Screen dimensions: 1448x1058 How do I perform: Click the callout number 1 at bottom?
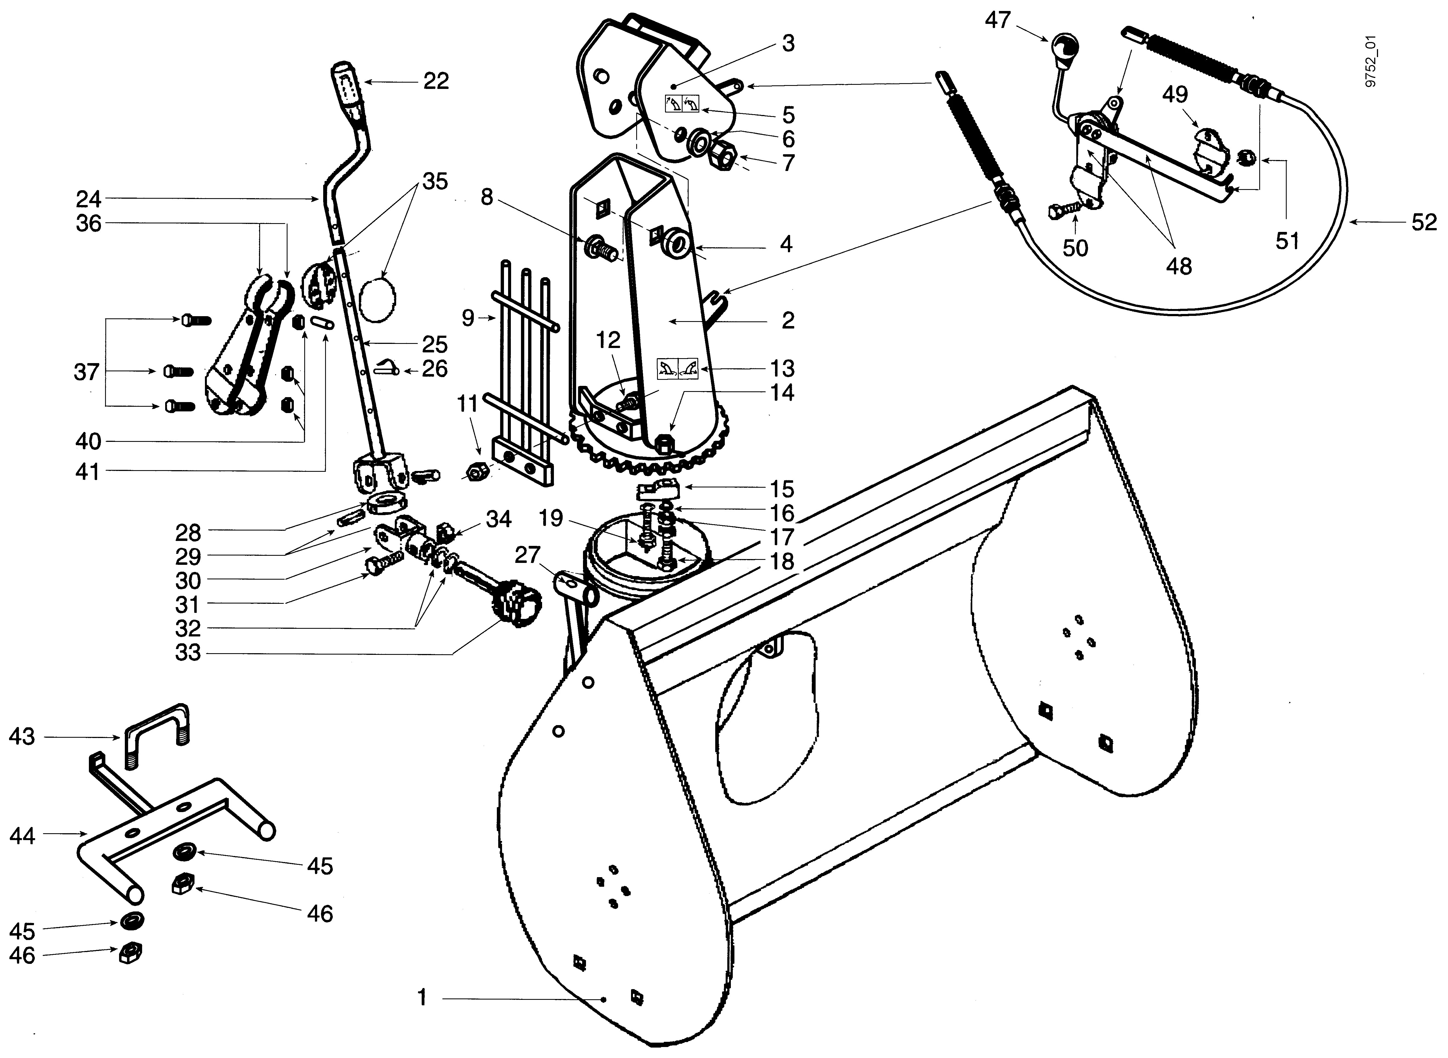422,998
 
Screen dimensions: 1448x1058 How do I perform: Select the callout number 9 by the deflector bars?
468,317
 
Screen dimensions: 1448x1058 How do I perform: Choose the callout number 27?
528,555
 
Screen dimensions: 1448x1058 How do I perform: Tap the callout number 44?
22,836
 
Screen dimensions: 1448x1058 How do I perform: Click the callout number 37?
86,371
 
